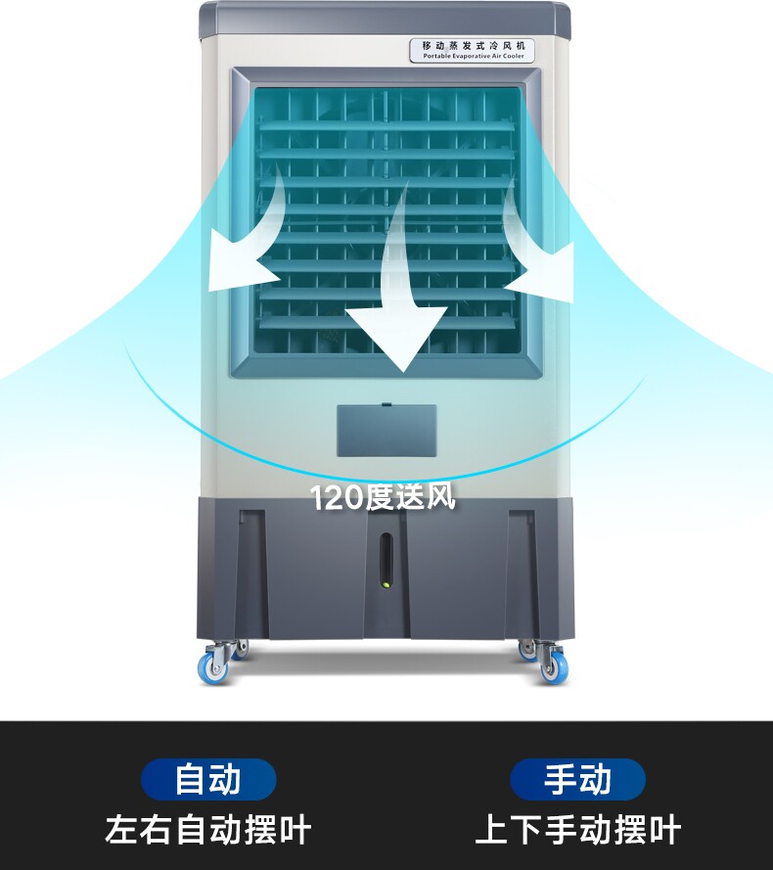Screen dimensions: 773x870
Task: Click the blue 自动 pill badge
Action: click(x=208, y=780)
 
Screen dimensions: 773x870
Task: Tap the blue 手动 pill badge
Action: click(x=577, y=780)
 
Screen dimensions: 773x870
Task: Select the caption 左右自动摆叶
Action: click(x=208, y=830)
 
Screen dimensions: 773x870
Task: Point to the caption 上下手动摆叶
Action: click(x=577, y=830)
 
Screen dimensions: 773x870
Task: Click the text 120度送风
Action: click(x=384, y=497)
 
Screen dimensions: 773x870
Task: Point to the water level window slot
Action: click(x=386, y=563)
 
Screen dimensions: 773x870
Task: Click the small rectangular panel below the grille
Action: click(x=386, y=431)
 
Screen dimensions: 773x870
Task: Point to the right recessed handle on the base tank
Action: click(x=521, y=568)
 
